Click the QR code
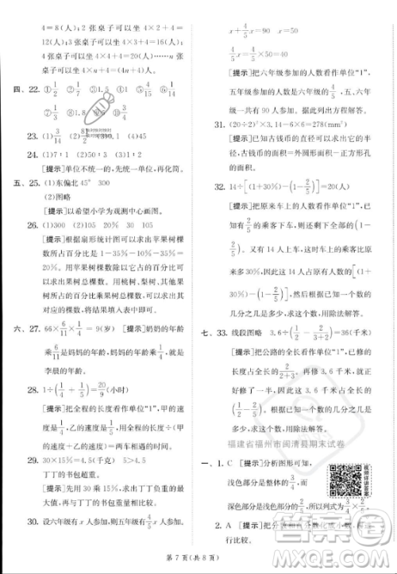(x=342, y=474)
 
